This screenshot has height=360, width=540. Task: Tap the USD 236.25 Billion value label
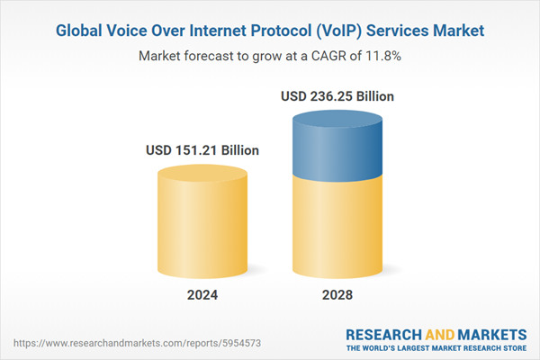coord(337,95)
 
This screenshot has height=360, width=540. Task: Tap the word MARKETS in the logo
coord(489,332)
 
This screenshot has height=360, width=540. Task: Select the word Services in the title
coord(398,31)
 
